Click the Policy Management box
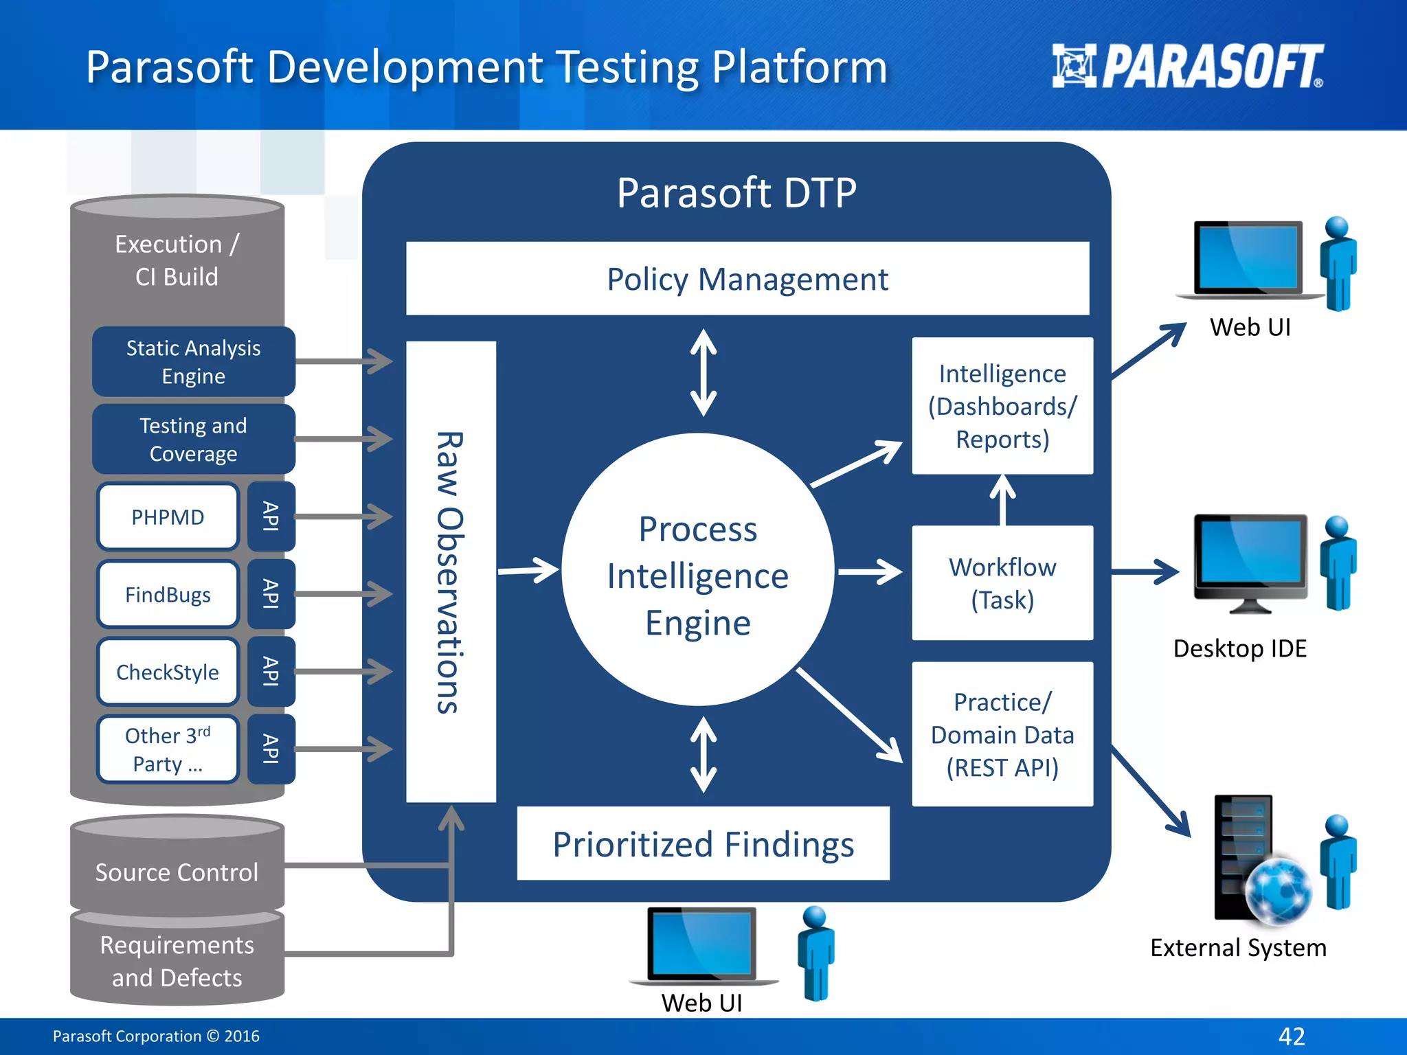pyautogui.click(x=747, y=278)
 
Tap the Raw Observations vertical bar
pyautogui.click(x=451, y=571)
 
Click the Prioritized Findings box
pyautogui.click(x=703, y=843)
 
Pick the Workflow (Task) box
pyautogui.click(x=1002, y=583)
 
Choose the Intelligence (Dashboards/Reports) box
pyautogui.click(x=1002, y=406)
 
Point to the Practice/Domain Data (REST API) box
pyautogui.click(x=1002, y=734)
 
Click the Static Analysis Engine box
pyautogui.click(x=193, y=362)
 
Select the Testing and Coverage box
pyautogui.click(x=193, y=440)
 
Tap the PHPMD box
pyautogui.click(x=168, y=517)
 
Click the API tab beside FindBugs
pyautogui.click(x=271, y=594)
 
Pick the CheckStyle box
pyautogui.click(x=168, y=672)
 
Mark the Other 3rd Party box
pyautogui.click(x=168, y=749)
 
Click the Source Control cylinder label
pyautogui.click(x=177, y=872)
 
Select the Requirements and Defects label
pyautogui.click(x=177, y=961)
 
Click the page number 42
pyautogui.click(x=1291, y=1036)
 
